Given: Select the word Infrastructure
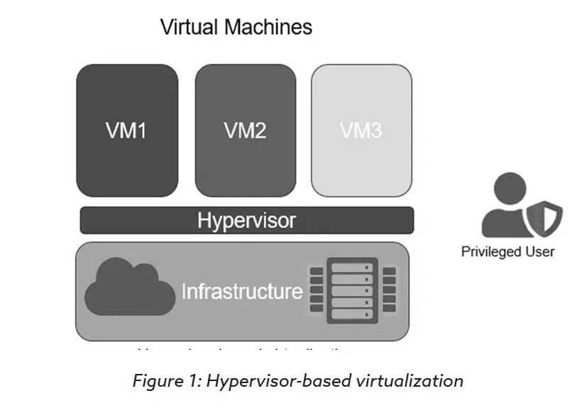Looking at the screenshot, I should (x=242, y=292).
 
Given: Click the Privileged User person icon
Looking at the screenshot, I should (x=505, y=206).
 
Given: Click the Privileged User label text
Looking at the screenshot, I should (x=508, y=251).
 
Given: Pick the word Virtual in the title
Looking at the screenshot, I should (x=189, y=28).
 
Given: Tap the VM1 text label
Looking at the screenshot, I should (x=127, y=131).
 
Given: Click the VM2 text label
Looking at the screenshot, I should (x=246, y=131).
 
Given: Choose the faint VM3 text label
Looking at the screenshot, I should (x=361, y=131).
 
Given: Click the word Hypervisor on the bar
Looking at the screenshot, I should (x=246, y=220).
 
